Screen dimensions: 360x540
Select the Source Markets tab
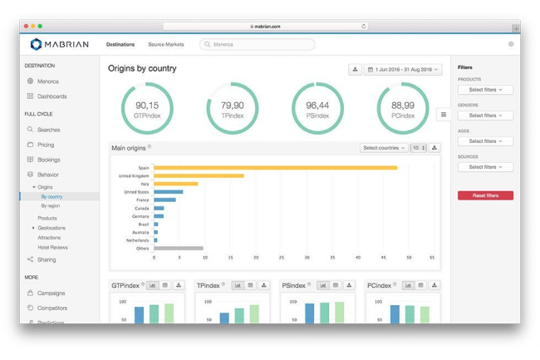click(166, 44)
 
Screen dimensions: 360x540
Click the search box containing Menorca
click(258, 44)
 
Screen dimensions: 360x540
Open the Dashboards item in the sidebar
click(52, 96)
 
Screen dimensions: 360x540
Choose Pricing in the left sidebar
click(46, 145)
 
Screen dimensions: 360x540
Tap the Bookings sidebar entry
click(48, 160)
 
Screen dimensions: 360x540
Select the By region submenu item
click(51, 205)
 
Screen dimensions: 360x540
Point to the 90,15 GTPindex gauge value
click(147, 106)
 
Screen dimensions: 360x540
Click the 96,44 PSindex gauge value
click(317, 106)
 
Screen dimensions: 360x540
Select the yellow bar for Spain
click(275, 167)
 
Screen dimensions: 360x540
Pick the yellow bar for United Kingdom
click(199, 175)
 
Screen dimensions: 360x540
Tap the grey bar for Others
click(178, 248)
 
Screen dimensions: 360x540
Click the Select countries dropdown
click(383, 148)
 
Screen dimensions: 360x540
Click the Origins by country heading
click(142, 68)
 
